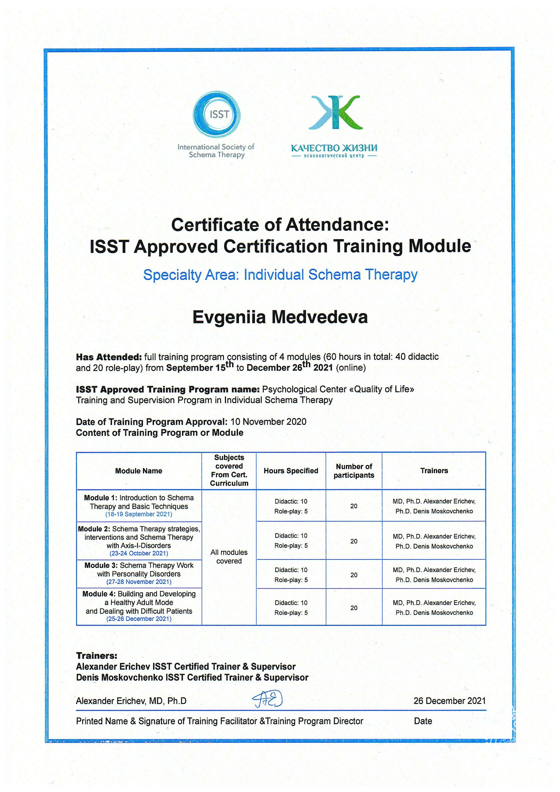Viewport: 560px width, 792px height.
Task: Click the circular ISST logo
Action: [217, 114]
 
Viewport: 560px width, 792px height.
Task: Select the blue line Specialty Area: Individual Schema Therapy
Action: [280, 275]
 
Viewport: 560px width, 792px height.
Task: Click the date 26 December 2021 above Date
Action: [449, 701]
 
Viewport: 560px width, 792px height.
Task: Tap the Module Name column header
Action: [139, 471]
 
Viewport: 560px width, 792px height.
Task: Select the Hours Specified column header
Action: [291, 471]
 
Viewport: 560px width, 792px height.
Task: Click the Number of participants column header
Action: [354, 471]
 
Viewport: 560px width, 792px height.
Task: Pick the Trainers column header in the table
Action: [434, 471]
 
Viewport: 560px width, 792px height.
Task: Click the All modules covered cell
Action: [229, 556]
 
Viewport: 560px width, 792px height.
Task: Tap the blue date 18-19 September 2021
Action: [139, 514]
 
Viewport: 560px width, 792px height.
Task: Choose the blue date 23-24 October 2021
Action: [139, 553]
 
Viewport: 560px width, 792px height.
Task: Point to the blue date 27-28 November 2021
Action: [139, 582]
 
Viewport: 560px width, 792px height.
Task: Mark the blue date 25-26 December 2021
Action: [139, 619]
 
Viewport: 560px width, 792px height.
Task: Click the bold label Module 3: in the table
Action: [101, 565]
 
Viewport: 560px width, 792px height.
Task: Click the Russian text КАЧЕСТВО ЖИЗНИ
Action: [334, 148]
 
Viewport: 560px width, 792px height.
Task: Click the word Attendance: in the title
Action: [337, 225]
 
